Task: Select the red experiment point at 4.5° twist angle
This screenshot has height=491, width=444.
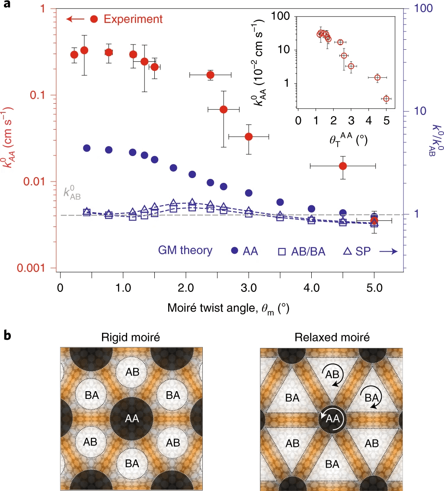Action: [x=343, y=166]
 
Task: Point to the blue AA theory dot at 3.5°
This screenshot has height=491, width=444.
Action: [x=280, y=202]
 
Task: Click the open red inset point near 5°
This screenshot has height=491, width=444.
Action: [x=386, y=99]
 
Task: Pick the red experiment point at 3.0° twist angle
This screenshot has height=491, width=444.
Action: [x=249, y=137]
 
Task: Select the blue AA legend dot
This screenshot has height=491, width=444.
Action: [x=235, y=251]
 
